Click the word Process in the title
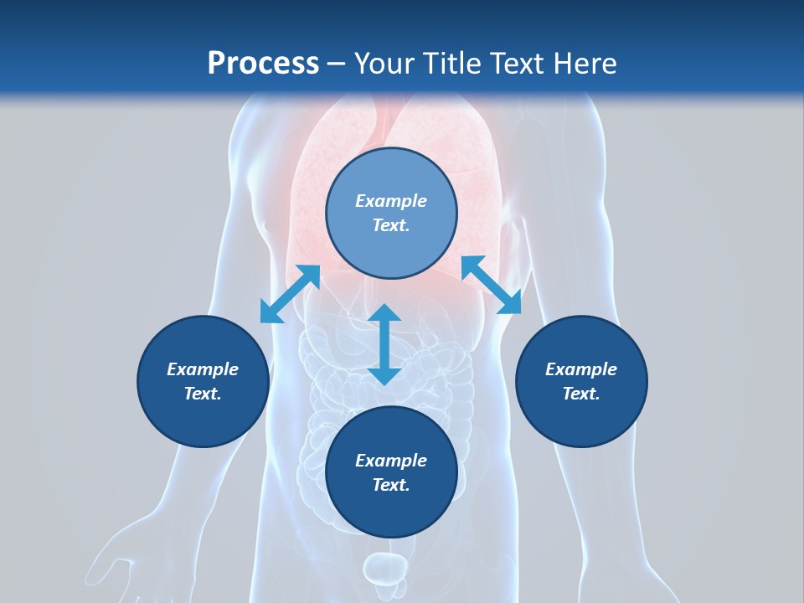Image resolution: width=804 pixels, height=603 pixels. coord(263,64)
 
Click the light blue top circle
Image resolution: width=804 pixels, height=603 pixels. coord(391,214)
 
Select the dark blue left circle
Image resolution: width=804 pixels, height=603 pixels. coord(203,381)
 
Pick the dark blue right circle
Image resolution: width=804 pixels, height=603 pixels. coord(581,381)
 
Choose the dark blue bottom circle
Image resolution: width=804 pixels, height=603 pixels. coord(391,472)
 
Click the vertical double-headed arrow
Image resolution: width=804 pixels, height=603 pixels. coord(384,344)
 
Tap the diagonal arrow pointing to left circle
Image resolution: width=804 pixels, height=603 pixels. coord(290,294)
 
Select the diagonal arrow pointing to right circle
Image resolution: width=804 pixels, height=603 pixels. coord(491,285)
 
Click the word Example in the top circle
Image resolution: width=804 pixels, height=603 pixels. coord(391,201)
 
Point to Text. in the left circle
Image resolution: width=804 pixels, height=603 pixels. coord(203,394)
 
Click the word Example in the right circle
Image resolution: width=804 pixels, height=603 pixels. coord(581,369)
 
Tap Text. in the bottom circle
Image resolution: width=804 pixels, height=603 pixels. coord(391,485)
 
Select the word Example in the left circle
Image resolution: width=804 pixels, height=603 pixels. coord(203,369)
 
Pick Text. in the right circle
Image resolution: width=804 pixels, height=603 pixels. coord(581,394)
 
